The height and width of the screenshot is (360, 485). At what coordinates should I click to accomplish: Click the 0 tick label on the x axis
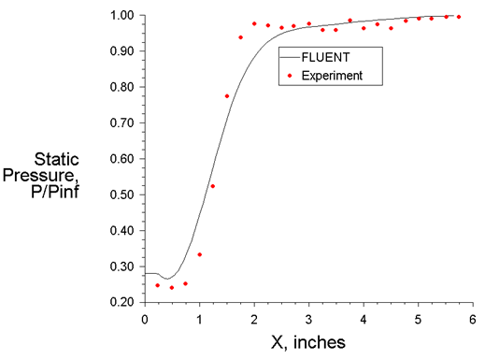tap(145, 319)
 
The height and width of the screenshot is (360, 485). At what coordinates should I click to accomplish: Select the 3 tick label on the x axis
tap(309, 319)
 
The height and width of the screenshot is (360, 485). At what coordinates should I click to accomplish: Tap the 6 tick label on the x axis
tap(473, 319)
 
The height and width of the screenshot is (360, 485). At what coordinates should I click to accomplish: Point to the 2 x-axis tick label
tap(254, 319)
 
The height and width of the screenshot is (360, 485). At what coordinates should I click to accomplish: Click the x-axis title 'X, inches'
tap(308, 342)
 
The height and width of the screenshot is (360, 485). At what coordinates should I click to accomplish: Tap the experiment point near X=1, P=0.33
tap(199, 254)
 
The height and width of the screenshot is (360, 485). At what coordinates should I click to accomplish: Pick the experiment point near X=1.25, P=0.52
tap(213, 186)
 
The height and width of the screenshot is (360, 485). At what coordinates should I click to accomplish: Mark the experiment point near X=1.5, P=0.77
tap(227, 96)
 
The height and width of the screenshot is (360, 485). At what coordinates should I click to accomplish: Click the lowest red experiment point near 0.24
tap(172, 287)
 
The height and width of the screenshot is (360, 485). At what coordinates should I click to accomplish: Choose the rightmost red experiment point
tap(459, 17)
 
